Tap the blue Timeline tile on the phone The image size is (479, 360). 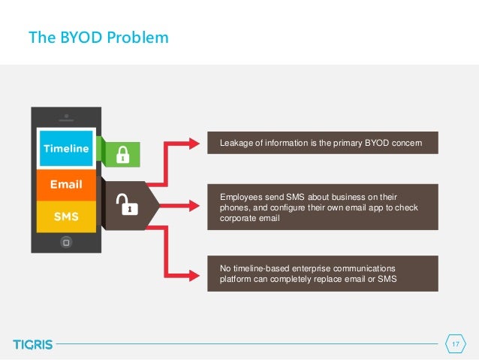tap(65, 149)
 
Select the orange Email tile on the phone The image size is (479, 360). tap(65, 184)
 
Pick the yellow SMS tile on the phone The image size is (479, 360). tap(65, 216)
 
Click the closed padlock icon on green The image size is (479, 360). tap(122, 154)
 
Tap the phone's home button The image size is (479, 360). tap(66, 242)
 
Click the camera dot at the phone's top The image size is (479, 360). tap(66, 116)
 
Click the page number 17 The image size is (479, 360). tap(454, 344)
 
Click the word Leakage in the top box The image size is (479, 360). tap(235, 142)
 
